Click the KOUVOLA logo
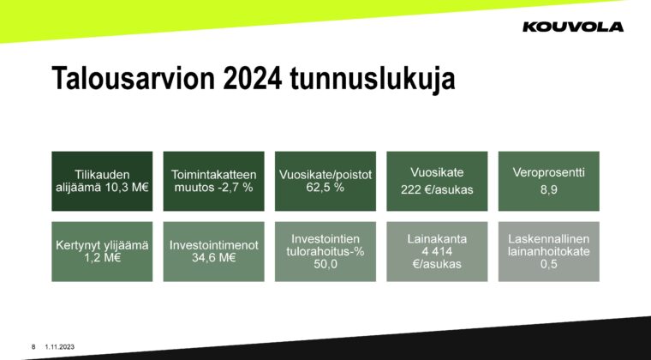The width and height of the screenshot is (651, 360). (x=573, y=27)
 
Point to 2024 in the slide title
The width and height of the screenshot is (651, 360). (x=253, y=78)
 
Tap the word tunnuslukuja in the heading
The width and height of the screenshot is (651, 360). (x=373, y=79)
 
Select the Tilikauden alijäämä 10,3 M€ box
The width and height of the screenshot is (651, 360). (x=102, y=181)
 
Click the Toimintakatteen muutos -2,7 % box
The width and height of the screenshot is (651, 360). (x=214, y=181)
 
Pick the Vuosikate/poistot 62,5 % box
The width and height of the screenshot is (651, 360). (x=325, y=181)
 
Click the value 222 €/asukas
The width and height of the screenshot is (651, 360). (x=437, y=189)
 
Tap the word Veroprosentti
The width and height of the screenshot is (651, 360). (x=548, y=172)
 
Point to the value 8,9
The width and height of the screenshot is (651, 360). (x=548, y=189)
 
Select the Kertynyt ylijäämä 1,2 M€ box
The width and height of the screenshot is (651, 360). (x=102, y=252)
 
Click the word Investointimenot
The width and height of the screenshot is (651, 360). (x=214, y=245)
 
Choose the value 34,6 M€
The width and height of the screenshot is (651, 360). (x=214, y=258)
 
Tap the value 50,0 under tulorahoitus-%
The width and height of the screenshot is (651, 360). (x=325, y=264)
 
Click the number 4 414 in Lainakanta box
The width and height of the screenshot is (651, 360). (x=437, y=252)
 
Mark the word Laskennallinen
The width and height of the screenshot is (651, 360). (x=548, y=239)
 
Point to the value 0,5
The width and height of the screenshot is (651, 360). (x=548, y=264)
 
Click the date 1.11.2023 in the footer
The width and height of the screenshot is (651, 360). (x=60, y=347)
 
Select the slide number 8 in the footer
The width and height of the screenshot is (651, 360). (x=33, y=347)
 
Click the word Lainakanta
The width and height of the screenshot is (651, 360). (x=437, y=239)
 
